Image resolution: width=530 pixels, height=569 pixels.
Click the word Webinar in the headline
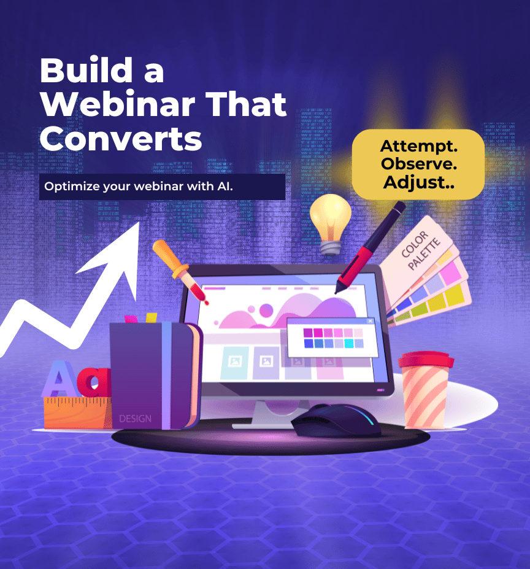click(x=118, y=104)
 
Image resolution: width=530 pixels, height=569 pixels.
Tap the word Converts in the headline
click(x=120, y=139)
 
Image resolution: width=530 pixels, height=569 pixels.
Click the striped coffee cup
click(x=426, y=390)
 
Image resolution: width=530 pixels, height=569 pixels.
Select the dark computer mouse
click(x=336, y=420)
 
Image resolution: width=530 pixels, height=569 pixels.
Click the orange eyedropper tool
click(x=179, y=270)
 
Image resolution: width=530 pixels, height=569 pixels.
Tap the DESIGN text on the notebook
click(x=136, y=419)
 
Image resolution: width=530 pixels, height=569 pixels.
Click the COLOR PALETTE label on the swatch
click(x=421, y=250)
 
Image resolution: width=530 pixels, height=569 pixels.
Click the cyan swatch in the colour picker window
click(x=348, y=343)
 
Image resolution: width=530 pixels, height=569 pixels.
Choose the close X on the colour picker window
click(x=370, y=321)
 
